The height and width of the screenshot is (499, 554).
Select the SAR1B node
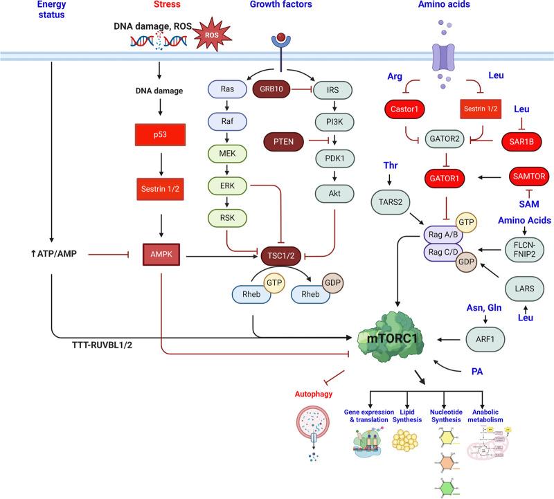tap(521, 141)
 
